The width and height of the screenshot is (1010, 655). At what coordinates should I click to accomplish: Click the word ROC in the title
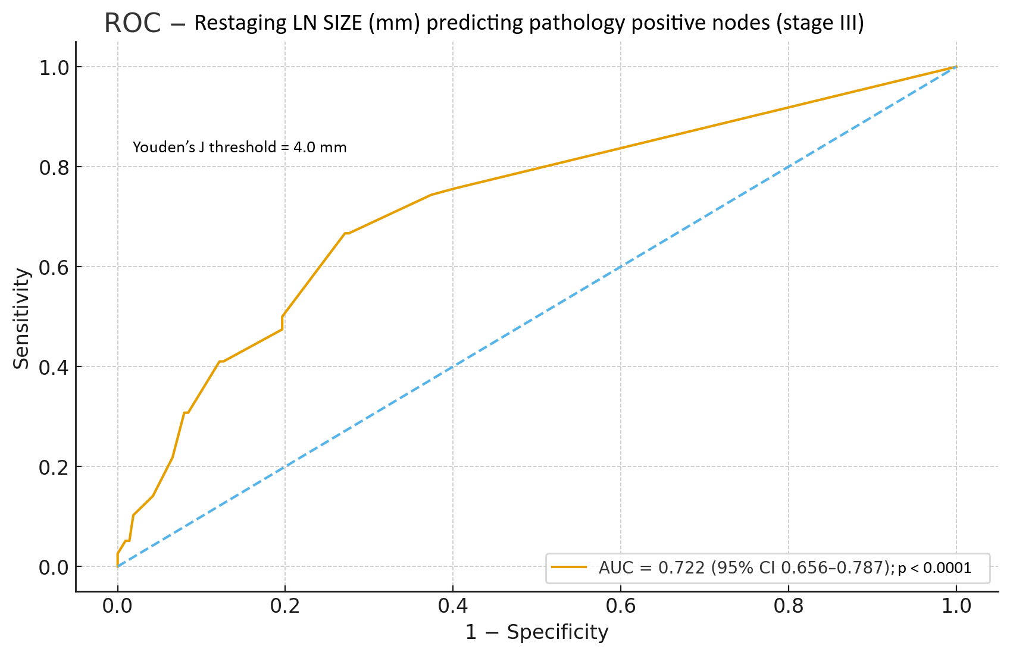coord(132,23)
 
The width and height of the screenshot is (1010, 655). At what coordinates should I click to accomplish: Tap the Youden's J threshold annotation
coord(239,147)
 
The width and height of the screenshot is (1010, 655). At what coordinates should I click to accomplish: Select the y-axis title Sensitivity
coord(21,318)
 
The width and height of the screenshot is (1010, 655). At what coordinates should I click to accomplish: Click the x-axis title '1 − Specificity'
coord(536,632)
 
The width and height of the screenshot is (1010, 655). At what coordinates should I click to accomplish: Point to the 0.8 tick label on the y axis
coord(54,167)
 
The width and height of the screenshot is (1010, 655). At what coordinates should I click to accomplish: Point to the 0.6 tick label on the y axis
coord(54,267)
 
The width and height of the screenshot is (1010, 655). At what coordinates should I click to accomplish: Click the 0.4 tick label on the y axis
coord(54,367)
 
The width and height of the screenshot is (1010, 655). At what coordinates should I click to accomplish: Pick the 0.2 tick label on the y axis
coord(54,467)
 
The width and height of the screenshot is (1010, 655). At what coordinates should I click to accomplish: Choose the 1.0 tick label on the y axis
coord(54,67)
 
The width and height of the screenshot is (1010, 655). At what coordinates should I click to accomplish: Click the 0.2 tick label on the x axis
coord(285,606)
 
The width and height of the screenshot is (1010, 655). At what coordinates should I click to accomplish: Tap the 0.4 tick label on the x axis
coord(453,606)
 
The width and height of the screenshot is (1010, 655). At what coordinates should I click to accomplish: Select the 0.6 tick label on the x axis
coord(621,606)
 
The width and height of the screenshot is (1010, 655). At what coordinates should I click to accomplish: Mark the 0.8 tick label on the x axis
coord(789,606)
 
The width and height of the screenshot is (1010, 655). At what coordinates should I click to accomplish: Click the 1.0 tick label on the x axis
coord(956,606)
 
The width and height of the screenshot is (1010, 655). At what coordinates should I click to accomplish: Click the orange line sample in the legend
coord(569,568)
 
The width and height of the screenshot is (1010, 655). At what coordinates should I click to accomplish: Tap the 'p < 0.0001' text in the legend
coord(934,568)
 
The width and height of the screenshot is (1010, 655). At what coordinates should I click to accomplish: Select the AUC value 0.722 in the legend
coord(681,568)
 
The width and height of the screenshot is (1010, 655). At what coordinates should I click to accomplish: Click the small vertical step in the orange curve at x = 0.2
coord(282,322)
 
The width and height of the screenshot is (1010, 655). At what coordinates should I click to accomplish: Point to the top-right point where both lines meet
coord(956,67)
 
